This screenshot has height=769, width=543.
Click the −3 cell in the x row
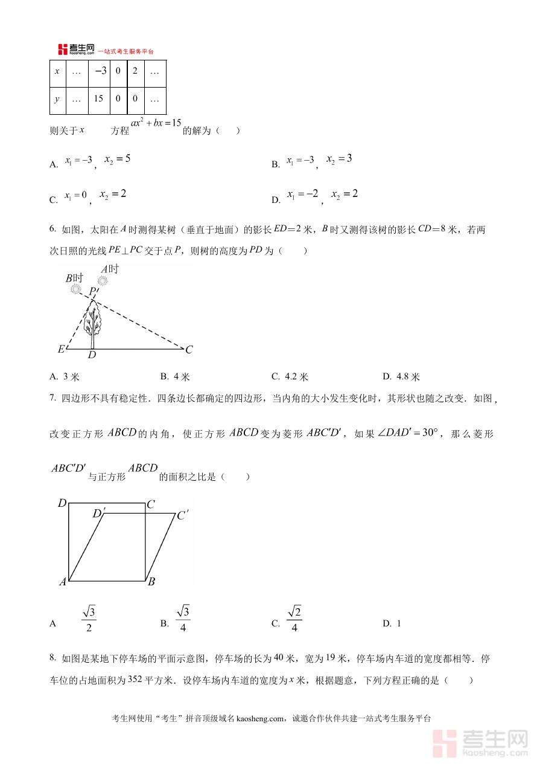99,71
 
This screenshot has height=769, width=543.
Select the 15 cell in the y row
99,99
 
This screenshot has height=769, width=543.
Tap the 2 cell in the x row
135,71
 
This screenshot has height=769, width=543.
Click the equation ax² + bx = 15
156,123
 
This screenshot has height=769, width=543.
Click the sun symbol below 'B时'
75,289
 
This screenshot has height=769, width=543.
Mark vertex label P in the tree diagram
92,292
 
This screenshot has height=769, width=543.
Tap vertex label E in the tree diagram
60,349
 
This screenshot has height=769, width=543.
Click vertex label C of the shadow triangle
189,349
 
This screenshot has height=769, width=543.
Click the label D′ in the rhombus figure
98,513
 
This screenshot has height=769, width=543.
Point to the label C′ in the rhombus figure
182,515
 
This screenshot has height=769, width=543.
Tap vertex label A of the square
62,582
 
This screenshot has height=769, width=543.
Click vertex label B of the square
151,582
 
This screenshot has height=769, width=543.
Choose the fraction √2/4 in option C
294,619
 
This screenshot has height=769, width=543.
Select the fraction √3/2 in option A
89,619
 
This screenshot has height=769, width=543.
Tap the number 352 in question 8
135,680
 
